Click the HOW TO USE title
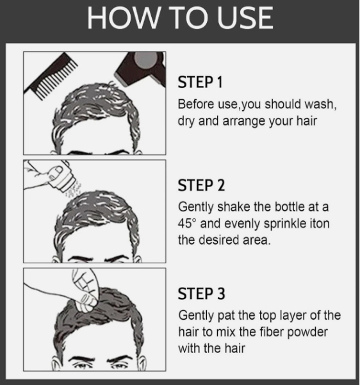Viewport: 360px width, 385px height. (180, 18)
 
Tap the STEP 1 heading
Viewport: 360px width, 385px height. (201, 84)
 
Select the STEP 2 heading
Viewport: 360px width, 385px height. (201, 186)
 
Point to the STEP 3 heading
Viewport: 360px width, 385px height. (201, 294)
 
